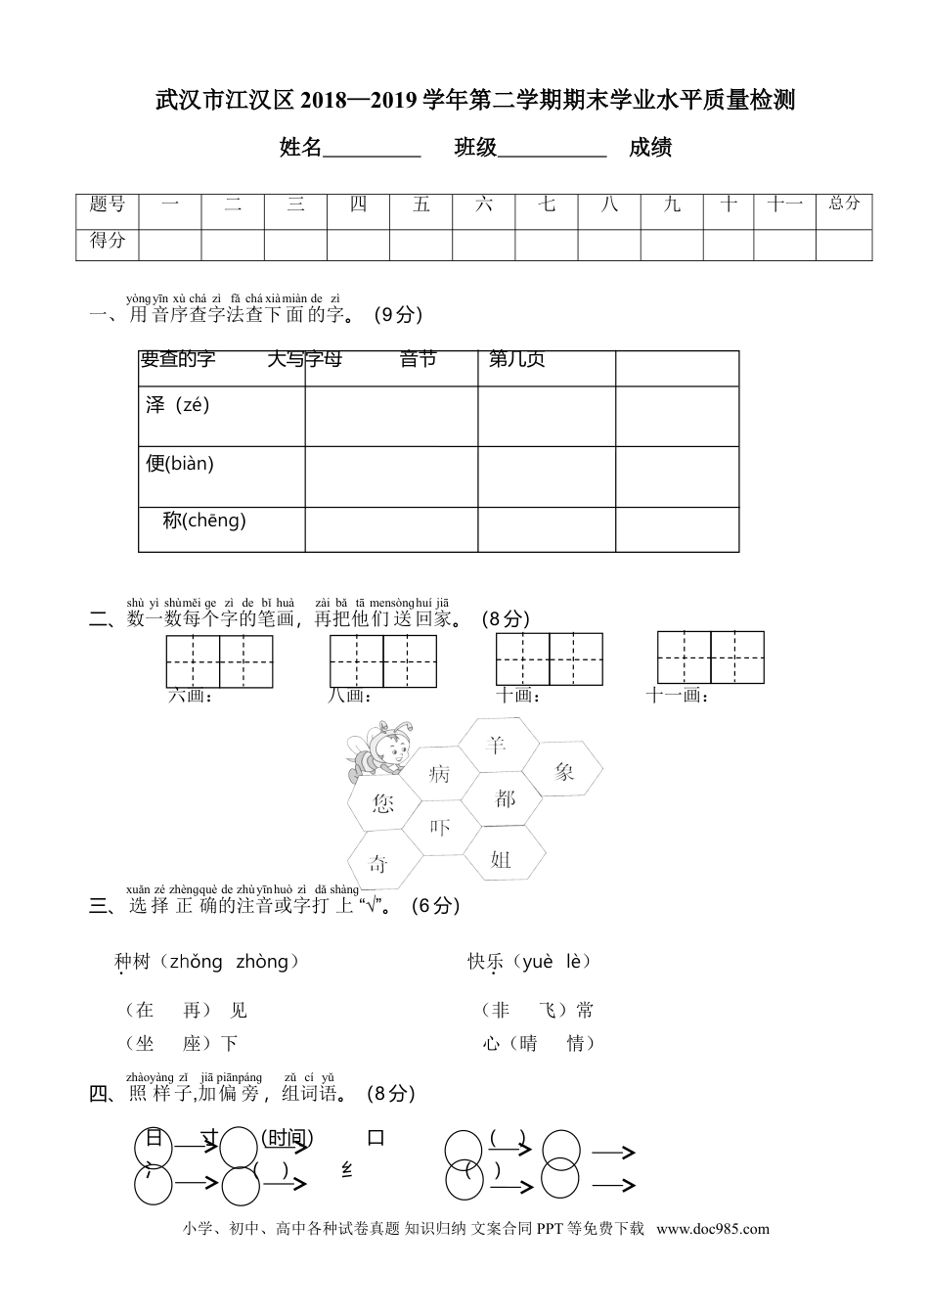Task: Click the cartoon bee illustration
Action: (376, 750)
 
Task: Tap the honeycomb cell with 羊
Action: (497, 746)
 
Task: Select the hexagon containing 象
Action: (564, 772)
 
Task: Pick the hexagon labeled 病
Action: (439, 774)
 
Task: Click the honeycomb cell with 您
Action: (382, 803)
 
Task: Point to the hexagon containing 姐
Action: (501, 859)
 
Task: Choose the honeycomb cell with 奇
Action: (378, 863)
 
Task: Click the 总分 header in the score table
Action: (844, 204)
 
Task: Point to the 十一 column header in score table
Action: (784, 204)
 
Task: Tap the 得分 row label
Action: (108, 240)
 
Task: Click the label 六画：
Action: (191, 696)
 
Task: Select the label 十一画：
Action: (677, 696)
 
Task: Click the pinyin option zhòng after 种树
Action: (262, 962)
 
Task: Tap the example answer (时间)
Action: (287, 1138)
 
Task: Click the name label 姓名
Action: (301, 148)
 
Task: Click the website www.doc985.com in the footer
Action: (712, 1229)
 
